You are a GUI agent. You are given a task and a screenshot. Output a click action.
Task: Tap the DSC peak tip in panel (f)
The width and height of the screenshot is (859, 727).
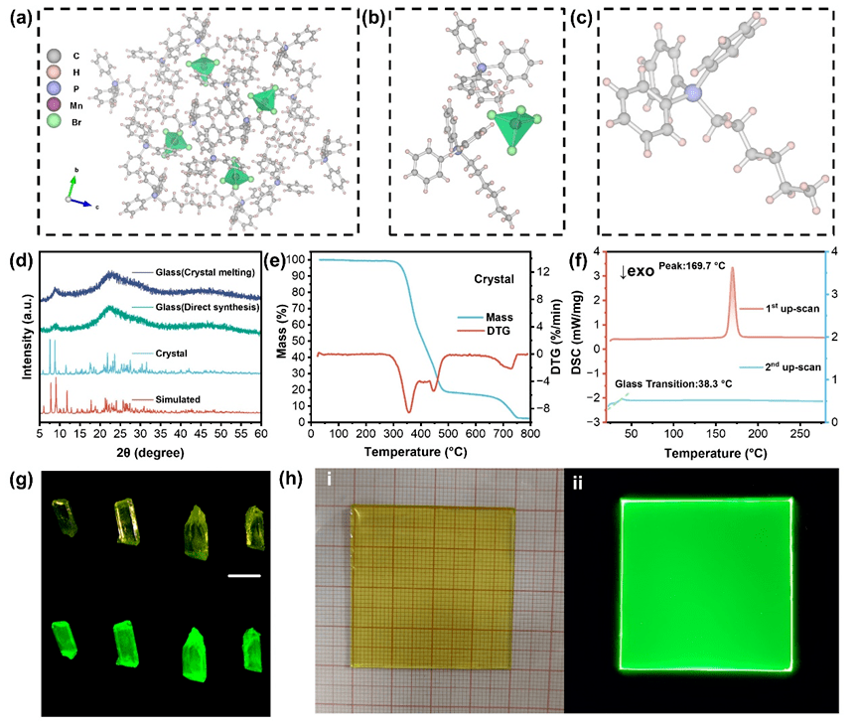(732, 268)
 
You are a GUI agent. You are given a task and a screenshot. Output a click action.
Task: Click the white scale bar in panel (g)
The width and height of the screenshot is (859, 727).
(242, 574)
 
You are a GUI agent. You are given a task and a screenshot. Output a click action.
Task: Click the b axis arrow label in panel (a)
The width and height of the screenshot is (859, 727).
(73, 172)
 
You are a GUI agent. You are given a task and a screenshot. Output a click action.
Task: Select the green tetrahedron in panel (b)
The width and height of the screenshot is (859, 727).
(512, 130)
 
